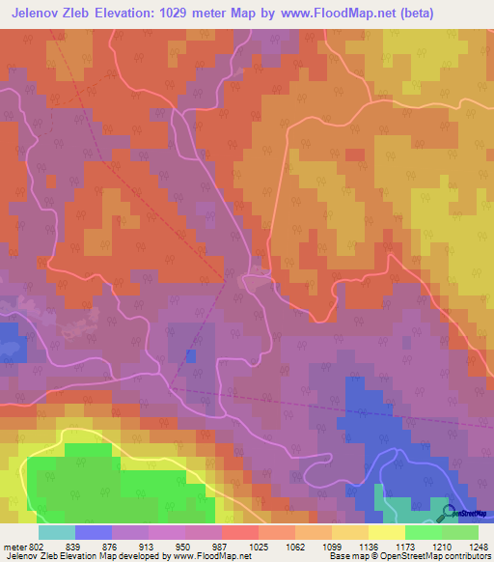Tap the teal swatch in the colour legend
pos(56,531)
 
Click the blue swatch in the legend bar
pos(93,531)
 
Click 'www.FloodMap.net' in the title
pos(336,14)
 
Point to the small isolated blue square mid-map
pos(191,356)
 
